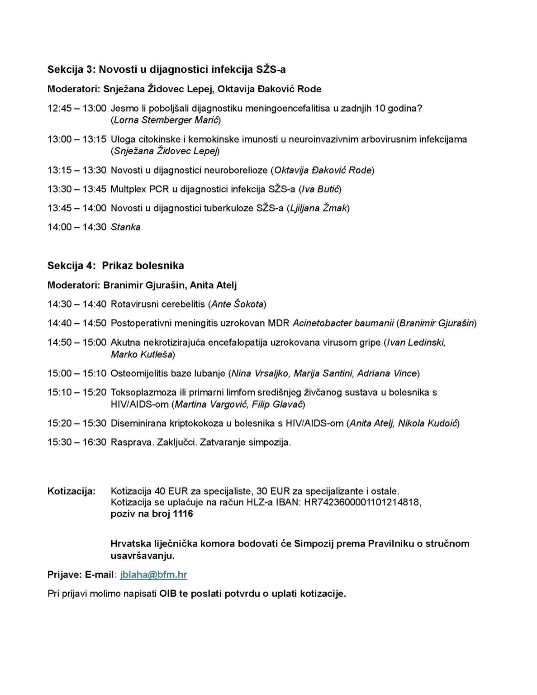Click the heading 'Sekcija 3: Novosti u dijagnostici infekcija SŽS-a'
pos(166,69)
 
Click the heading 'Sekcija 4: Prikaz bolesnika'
pos(115,266)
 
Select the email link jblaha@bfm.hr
pos(153,575)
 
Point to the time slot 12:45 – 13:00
pos(77,109)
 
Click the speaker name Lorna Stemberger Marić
pos(166,120)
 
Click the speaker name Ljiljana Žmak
pos(318,208)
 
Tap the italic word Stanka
pos(125,227)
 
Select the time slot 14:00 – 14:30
pos(77,227)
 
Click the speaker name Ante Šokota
pos(238,305)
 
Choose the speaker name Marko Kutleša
pos(142,354)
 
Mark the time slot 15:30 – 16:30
pos(77,443)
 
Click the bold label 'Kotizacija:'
pos(71,491)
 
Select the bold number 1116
pos(183,514)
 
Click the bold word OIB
pos(168,594)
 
